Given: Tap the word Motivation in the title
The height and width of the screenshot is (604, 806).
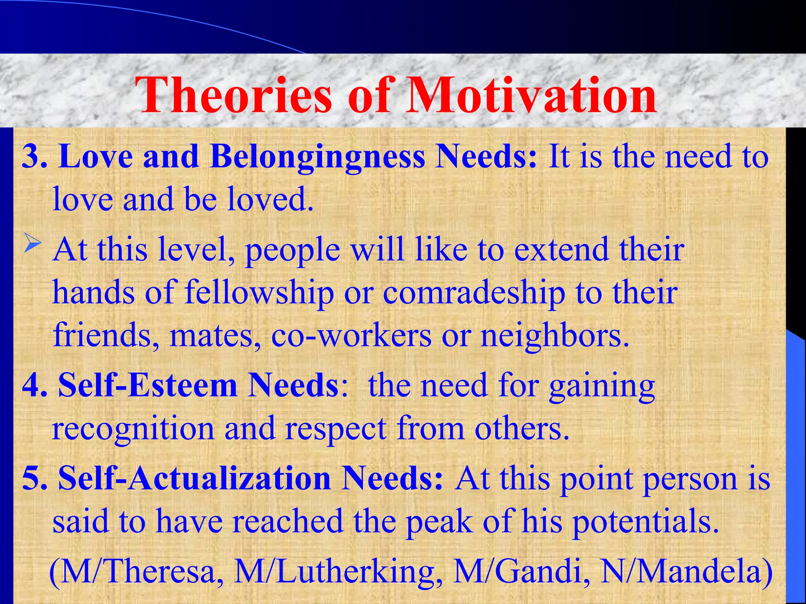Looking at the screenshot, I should point(531,96).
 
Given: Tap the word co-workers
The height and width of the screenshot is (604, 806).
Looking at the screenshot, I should point(351,336).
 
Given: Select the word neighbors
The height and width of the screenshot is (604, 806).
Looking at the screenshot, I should point(555,336).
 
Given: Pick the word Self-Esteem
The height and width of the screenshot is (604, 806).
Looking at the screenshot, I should point(148,386).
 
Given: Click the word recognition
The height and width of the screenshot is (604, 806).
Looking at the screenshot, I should point(133,429).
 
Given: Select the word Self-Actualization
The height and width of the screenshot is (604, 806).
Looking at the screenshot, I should point(194,479).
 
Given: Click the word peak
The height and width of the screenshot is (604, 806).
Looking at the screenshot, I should point(439,521).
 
